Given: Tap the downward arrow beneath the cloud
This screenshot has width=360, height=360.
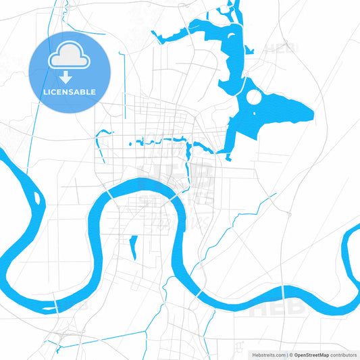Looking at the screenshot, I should (x=70, y=76).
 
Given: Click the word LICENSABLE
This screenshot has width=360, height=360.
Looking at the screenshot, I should (x=70, y=92).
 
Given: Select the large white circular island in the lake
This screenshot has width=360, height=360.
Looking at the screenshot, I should (x=253, y=98).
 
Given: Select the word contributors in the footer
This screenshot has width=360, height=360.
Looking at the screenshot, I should (x=343, y=354).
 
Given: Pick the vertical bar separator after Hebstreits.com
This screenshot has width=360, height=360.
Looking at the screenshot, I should (x=286, y=354).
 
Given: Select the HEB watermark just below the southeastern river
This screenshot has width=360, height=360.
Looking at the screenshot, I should (x=268, y=310).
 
